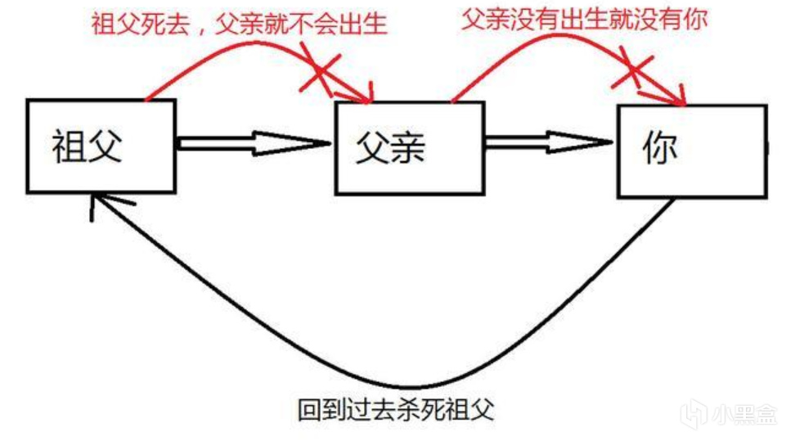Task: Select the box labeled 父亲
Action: click(408, 148)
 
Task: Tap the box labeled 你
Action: click(691, 151)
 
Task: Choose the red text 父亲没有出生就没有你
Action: click(584, 20)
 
